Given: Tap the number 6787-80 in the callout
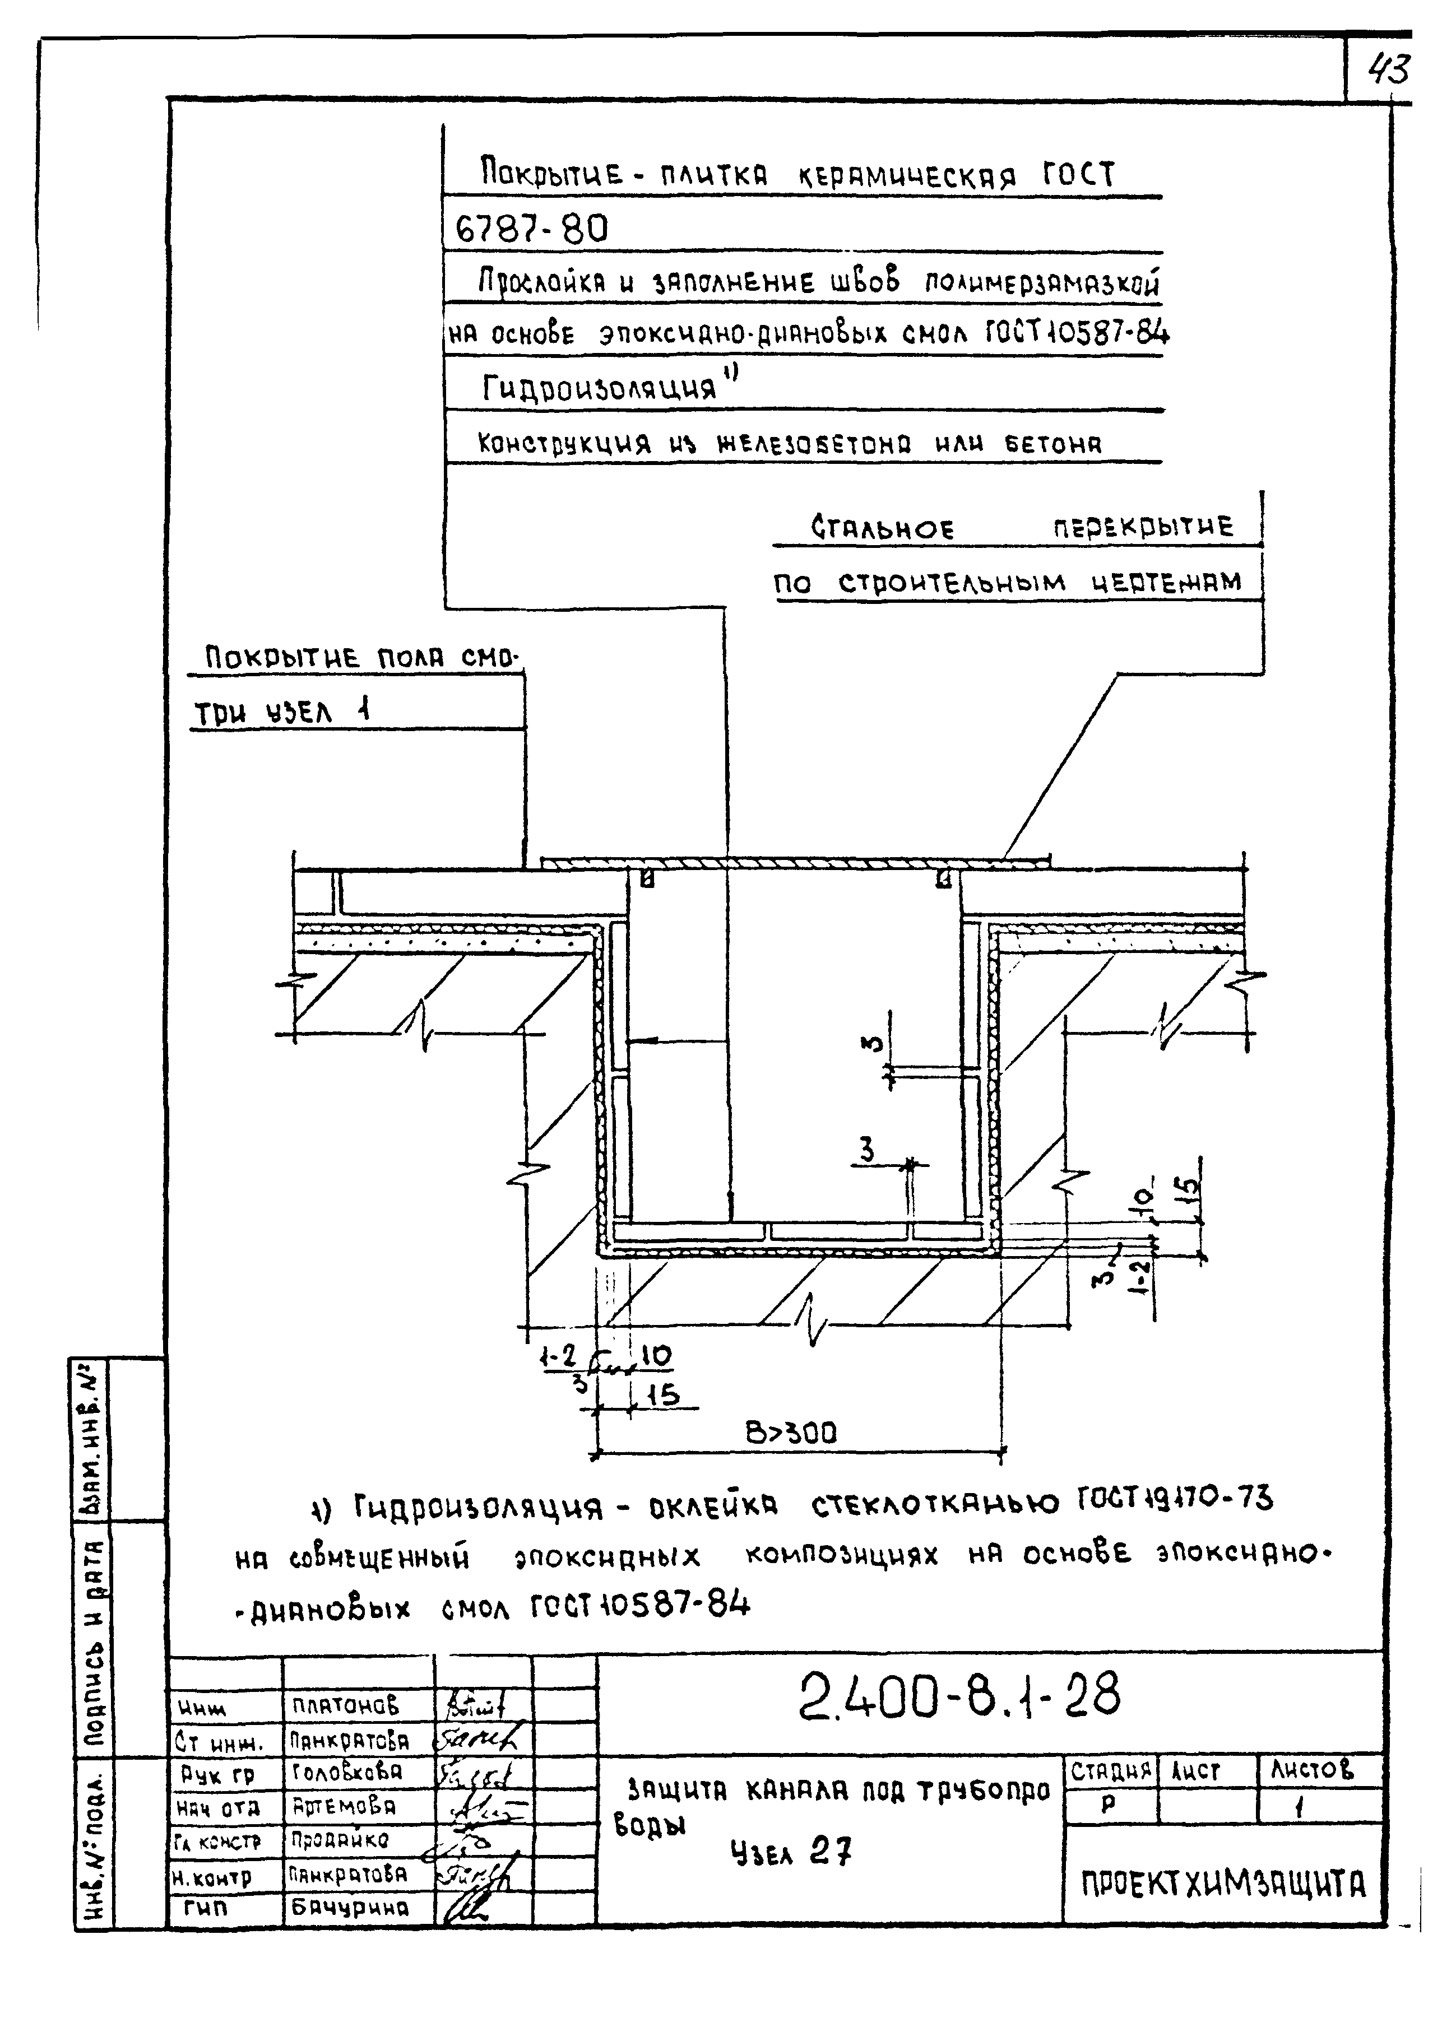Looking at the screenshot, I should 531,230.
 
